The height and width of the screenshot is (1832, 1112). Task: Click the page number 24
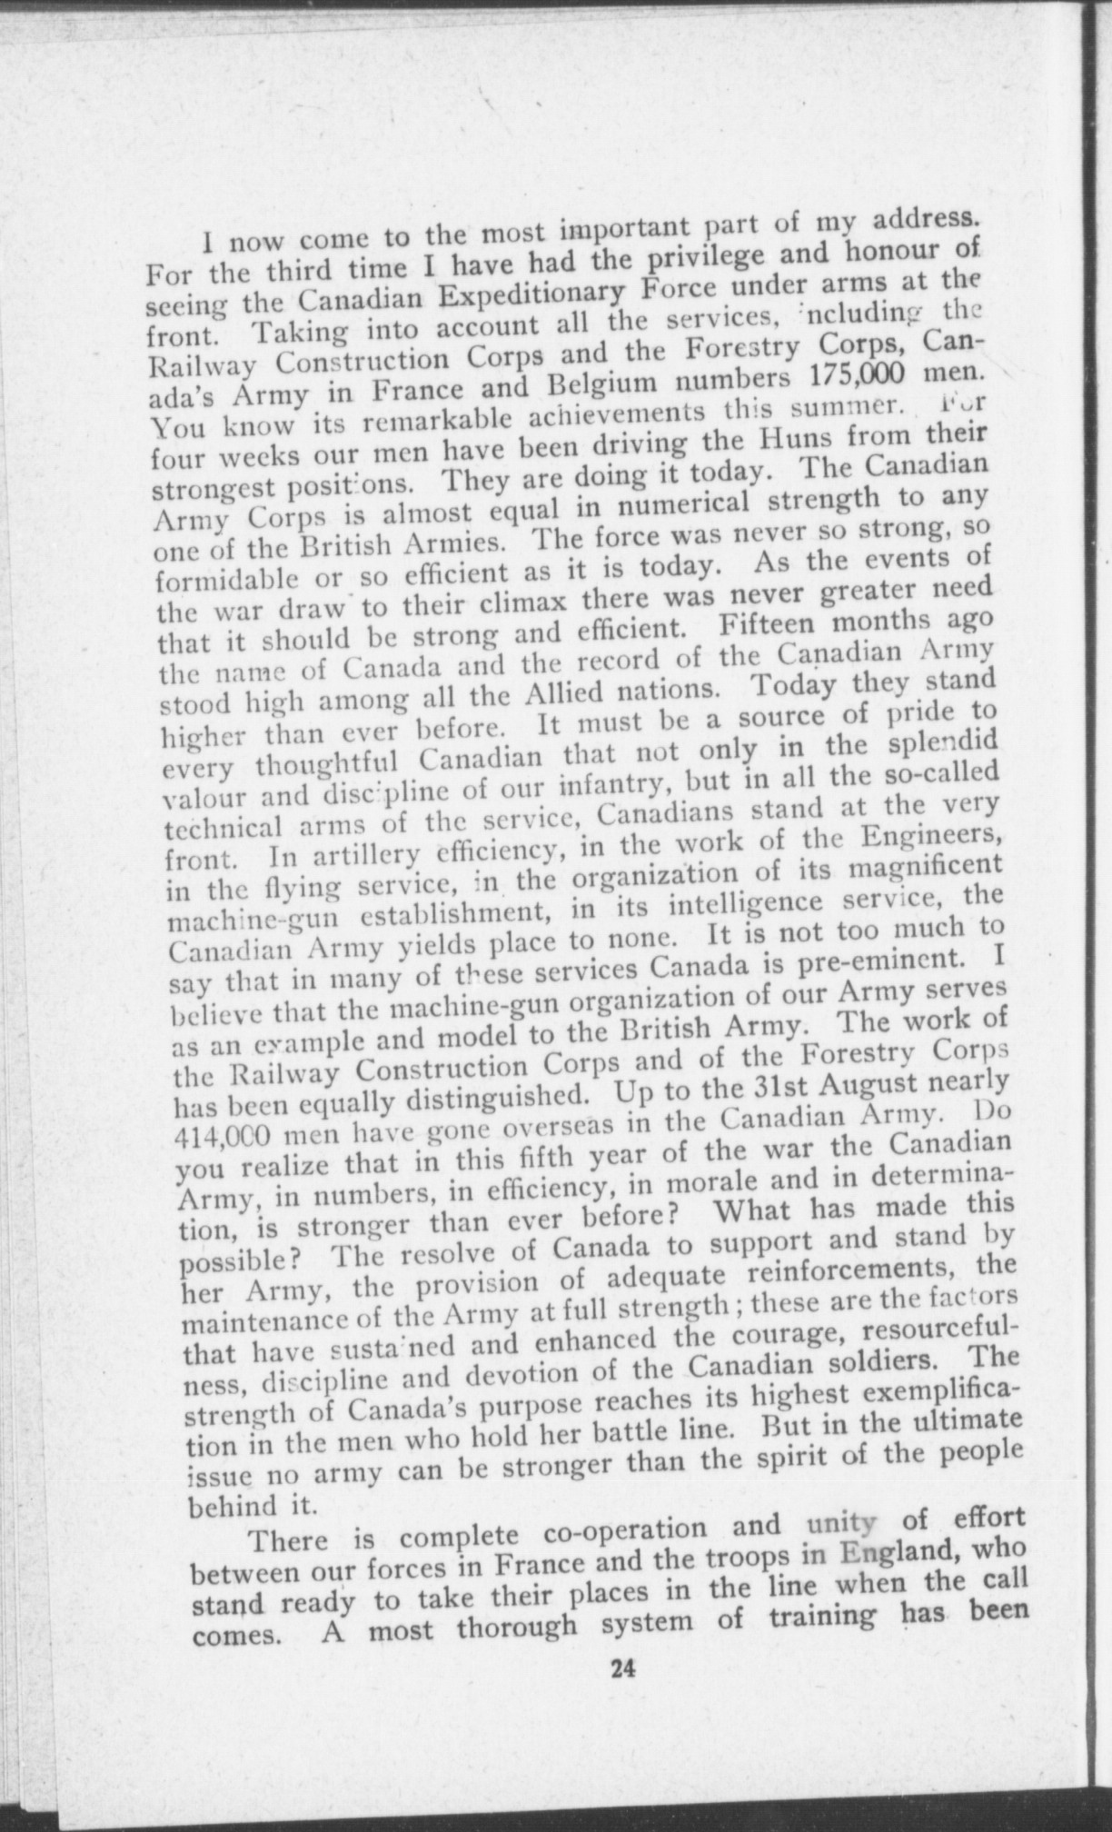[x=621, y=1668]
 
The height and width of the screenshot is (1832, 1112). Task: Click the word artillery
[x=351, y=856]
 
